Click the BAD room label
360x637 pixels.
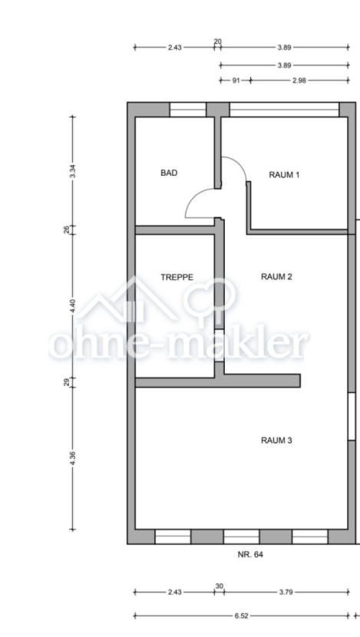tap(169, 173)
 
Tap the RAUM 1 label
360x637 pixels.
tap(284, 175)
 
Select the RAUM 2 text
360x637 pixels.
tap(276, 277)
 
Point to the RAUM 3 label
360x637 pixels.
tap(276, 441)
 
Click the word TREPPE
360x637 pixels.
tap(177, 278)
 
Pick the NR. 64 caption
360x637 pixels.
tap(250, 554)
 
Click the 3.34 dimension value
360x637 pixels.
tap(73, 171)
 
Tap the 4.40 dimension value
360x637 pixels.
tap(73, 306)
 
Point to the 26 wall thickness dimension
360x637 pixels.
tap(67, 230)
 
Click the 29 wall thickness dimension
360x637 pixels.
tap(67, 383)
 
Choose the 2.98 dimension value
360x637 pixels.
tap(299, 81)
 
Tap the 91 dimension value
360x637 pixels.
tap(236, 81)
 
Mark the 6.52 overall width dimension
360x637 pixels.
tap(241, 616)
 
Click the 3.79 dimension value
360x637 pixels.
tap(286, 592)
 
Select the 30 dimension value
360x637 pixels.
tap(220, 586)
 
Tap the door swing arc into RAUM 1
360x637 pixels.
tap(239, 164)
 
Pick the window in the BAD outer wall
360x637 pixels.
tap(188, 110)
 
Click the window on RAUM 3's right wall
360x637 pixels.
tap(352, 417)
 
